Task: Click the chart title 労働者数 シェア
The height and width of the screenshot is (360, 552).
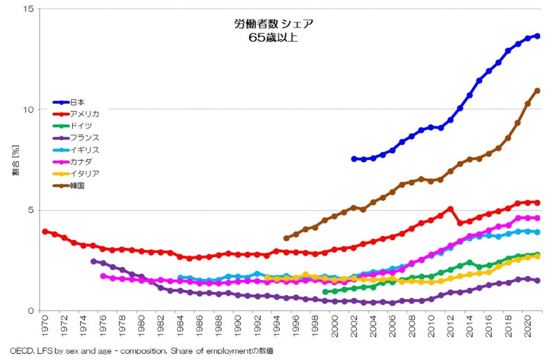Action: [273, 24]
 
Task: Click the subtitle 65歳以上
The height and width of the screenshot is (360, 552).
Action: [273, 38]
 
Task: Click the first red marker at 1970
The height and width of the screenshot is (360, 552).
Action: [45, 232]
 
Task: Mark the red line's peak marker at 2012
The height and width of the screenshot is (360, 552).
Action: [451, 209]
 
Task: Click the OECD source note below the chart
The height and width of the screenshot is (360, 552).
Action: [141, 351]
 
